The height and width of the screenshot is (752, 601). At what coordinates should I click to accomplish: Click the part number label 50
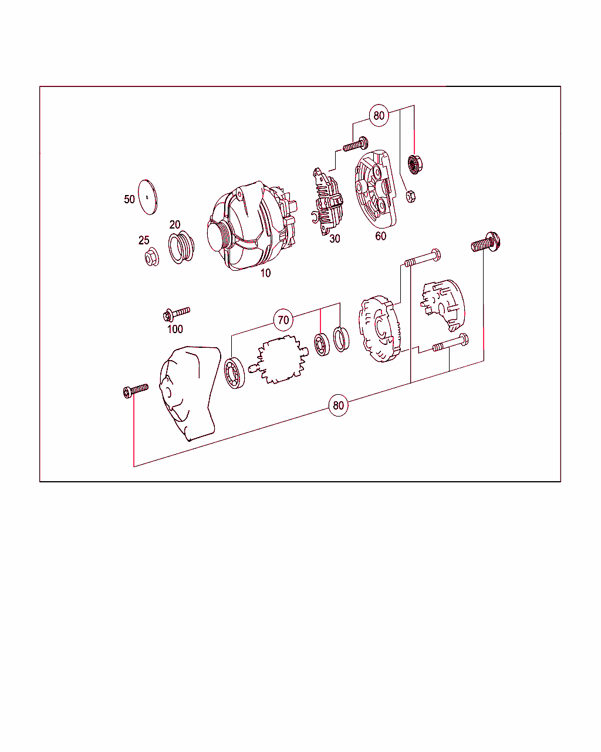point(129,199)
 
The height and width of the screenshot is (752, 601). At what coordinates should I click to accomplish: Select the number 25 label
point(144,240)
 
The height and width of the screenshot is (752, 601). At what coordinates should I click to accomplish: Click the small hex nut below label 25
point(151,257)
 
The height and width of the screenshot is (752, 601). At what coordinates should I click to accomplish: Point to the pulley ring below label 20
point(180,248)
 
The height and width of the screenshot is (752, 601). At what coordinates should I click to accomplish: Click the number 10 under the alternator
point(265,273)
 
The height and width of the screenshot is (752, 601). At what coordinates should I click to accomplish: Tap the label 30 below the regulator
point(335,239)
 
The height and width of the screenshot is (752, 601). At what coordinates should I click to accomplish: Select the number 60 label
point(381,236)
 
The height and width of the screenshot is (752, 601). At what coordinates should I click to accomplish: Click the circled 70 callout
point(283,320)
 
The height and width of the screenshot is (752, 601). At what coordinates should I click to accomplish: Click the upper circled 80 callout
point(379,115)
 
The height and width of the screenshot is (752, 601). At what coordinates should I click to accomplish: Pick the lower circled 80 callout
point(338,405)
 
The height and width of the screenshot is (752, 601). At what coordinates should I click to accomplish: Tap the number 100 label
point(175,329)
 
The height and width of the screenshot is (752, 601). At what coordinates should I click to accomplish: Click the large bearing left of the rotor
point(235,374)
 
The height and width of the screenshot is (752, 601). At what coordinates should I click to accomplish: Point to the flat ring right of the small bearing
point(340,340)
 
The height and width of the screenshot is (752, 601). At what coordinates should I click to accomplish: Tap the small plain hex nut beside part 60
point(411,196)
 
